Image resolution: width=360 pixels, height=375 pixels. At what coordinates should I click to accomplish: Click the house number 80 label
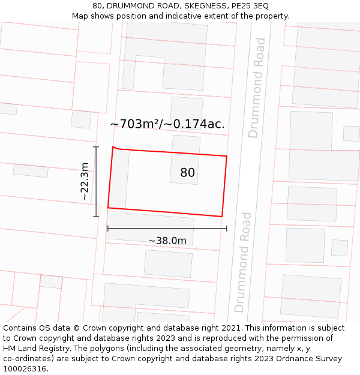point(187,173)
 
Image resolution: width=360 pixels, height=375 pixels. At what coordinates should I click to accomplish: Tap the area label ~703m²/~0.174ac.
point(167,124)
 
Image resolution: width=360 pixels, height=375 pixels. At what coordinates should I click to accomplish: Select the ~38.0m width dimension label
point(167,241)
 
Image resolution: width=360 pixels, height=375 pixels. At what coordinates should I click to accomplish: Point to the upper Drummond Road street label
point(257,88)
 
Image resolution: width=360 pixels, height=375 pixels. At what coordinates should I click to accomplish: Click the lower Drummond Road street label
point(242,262)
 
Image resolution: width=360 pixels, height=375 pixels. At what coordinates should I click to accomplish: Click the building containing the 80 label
point(184,159)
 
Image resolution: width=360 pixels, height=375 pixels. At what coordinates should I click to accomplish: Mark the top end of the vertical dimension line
point(95,146)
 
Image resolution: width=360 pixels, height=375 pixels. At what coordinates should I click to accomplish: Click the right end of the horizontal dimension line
point(227,228)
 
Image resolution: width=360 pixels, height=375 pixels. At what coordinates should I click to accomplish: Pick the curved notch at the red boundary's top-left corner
point(118,148)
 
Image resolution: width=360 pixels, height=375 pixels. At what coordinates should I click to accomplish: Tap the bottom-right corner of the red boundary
point(222,216)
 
